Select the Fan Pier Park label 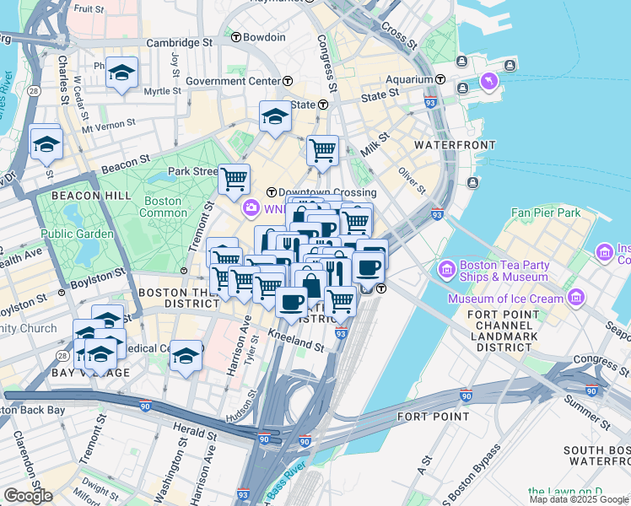point(545,213)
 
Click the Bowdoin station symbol point(236,38)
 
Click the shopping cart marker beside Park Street point(234,178)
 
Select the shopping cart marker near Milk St point(322,152)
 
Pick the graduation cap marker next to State point(275,117)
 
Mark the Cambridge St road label point(179,42)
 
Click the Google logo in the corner point(28,495)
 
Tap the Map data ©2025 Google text point(579,499)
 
